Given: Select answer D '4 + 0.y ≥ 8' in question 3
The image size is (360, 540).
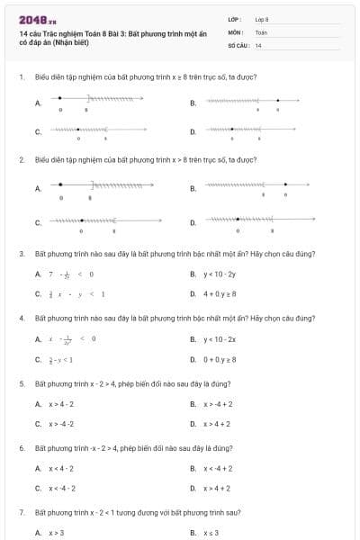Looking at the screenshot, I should coord(220,293).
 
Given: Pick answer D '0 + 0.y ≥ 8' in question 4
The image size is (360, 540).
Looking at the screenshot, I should coord(220,359).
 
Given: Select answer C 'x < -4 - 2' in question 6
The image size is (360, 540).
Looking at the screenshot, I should coord(62,489).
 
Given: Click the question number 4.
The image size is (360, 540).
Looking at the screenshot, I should coord(21,319).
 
